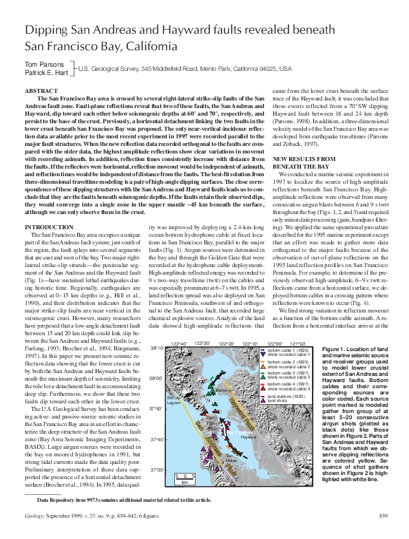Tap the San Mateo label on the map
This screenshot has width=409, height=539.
(231, 458)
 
